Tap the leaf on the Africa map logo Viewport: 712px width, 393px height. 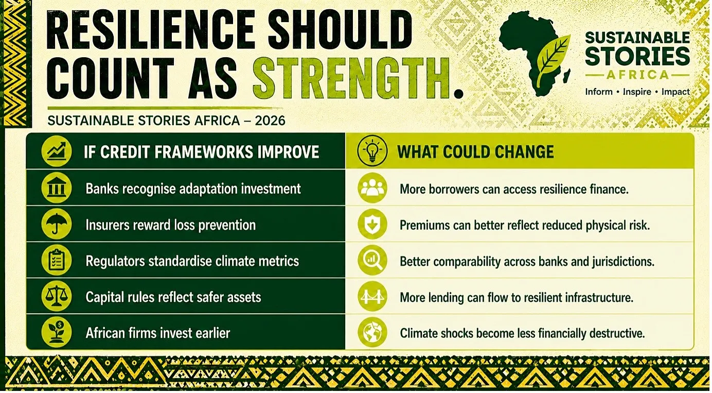tap(553, 60)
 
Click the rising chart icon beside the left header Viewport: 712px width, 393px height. tap(56, 151)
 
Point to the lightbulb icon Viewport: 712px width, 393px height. tap(372, 151)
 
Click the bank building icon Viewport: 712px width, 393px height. tap(56, 188)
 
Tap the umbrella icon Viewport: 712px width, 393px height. tap(56, 224)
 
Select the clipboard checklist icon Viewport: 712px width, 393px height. tap(56, 260)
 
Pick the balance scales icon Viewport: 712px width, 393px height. tap(56, 296)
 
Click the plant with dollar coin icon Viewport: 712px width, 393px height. tap(56, 332)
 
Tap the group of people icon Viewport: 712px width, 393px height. tap(372, 188)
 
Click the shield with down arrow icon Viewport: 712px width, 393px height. tap(372, 224)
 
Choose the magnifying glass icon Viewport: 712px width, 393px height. tap(372, 260)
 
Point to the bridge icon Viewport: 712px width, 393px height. tap(372, 296)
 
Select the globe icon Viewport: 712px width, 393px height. tap(372, 332)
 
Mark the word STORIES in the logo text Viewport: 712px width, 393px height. tap(637, 56)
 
